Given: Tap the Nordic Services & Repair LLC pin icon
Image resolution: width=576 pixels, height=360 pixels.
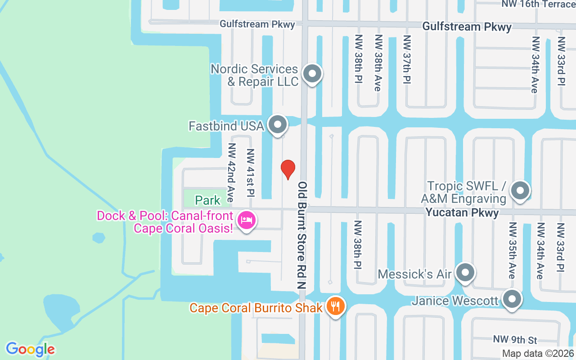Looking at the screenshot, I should pos(312,73).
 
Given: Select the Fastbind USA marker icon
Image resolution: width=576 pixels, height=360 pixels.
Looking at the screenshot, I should pos(278,125).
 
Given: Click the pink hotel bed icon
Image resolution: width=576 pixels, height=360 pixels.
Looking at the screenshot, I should pos(246,220).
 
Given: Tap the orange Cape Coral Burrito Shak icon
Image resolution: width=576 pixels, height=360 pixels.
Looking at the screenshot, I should pos(335,306).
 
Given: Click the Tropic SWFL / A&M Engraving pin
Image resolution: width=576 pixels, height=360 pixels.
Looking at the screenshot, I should pos(520,190).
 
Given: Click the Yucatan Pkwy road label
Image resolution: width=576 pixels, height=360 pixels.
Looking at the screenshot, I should pos(462,212).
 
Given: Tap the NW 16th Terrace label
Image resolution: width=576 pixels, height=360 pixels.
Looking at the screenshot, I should pos(539,4).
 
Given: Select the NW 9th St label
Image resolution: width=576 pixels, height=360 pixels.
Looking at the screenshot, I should pos(515,340).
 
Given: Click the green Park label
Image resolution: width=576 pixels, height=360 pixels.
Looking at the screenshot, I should pos(208,200).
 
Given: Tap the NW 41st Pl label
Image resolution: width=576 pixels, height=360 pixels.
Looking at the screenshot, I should pos(251,173).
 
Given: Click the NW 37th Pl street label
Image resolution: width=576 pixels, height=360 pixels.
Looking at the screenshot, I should pos(407,59).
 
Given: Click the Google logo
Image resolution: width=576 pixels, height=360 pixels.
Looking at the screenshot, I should pos(31,349).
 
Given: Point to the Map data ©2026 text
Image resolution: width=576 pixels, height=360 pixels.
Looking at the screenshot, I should pos(538,354).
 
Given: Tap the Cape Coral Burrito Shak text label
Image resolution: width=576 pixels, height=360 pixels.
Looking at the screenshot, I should pos(256,308).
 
